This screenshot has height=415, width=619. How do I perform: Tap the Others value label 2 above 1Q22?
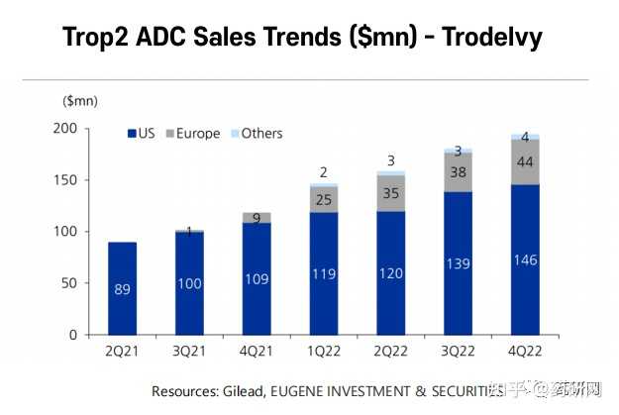[323, 171]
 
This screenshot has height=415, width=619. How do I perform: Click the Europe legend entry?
[193, 134]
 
